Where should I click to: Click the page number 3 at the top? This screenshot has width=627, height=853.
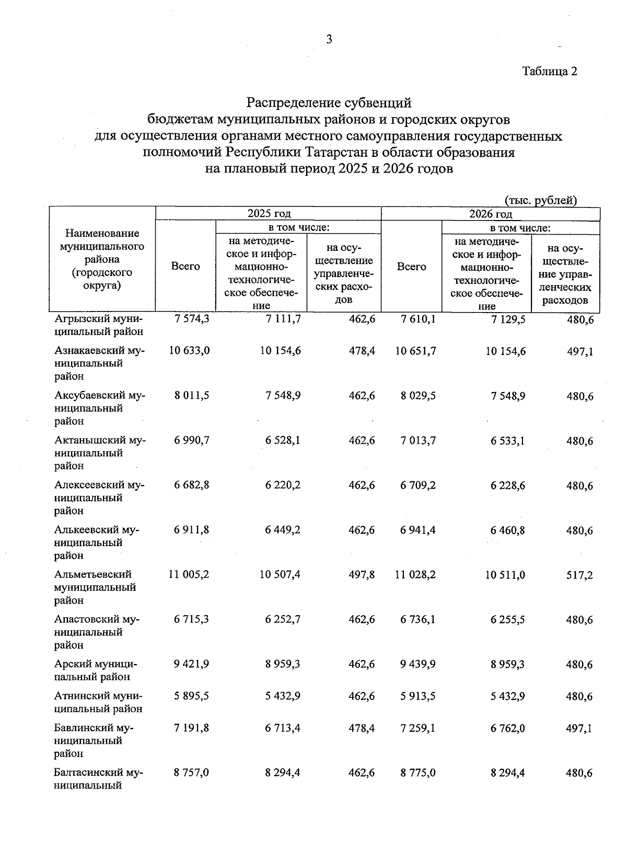pyautogui.click(x=329, y=40)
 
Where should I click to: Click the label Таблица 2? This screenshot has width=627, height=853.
pyautogui.click(x=550, y=72)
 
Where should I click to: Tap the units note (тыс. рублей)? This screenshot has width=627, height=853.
pyautogui.click(x=540, y=200)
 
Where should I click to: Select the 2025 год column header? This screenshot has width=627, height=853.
pyautogui.click(x=269, y=213)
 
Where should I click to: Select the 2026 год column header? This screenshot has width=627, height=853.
pyautogui.click(x=490, y=213)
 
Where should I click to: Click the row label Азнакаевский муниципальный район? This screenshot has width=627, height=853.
pyautogui.click(x=99, y=363)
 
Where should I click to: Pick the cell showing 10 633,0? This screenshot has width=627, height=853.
pyautogui.click(x=189, y=351)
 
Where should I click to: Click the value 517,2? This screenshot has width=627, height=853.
pyautogui.click(x=579, y=575)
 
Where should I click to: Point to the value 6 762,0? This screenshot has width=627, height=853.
pyautogui.click(x=507, y=728)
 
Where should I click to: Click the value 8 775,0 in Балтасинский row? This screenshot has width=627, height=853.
pyautogui.click(x=418, y=773)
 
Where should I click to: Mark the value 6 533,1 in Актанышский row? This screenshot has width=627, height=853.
pyautogui.click(x=507, y=441)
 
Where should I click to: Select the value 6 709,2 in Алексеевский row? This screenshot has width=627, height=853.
pyautogui.click(x=418, y=486)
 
